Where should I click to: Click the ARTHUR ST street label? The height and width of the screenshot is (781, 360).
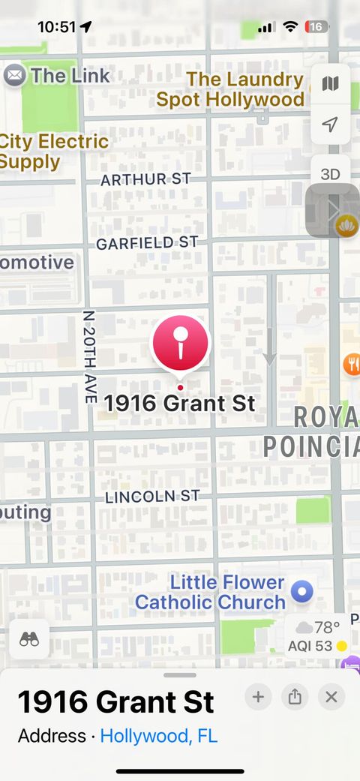click(x=145, y=179)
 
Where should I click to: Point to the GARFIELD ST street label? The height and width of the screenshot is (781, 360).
click(x=146, y=243)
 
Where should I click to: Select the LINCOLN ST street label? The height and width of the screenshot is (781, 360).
click(x=151, y=497)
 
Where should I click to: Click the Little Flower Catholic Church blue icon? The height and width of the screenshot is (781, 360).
click(x=301, y=592)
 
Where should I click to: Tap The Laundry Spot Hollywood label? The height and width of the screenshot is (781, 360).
click(x=231, y=89)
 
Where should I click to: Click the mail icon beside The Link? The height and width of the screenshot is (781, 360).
click(x=14, y=75)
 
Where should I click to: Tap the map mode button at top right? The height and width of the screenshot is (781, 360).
click(x=330, y=83)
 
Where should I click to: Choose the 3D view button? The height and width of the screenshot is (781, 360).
click(x=330, y=174)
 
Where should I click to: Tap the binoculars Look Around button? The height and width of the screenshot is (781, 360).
click(x=29, y=639)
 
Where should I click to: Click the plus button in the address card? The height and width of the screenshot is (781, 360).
click(x=258, y=697)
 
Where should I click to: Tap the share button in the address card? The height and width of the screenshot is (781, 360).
click(x=295, y=697)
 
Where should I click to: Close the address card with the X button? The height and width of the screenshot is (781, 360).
click(x=331, y=697)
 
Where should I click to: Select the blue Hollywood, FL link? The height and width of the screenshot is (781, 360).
click(x=159, y=736)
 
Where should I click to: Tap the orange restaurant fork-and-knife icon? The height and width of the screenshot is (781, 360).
click(x=352, y=365)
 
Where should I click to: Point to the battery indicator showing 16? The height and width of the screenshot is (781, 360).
click(x=316, y=27)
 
